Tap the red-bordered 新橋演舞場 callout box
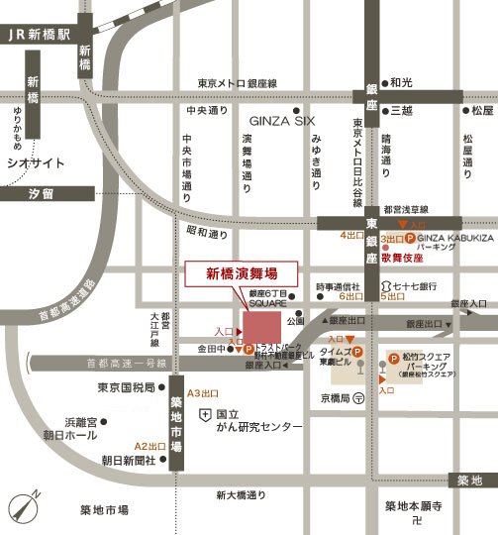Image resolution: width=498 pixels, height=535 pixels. click(x=214, y=274)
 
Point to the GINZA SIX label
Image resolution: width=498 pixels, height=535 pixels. click(x=274, y=119)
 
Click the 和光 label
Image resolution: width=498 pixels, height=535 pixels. click(x=401, y=82)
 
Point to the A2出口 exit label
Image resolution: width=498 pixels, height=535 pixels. click(x=149, y=446)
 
